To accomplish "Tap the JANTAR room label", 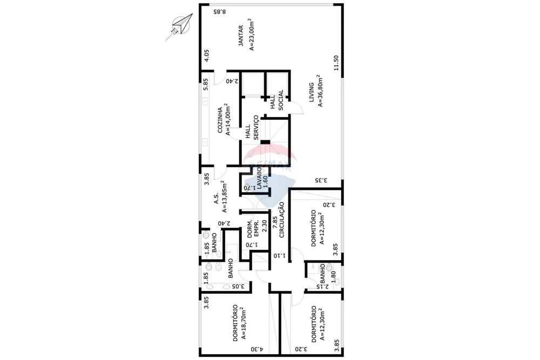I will tap(241, 34).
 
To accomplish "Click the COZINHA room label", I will tap(220, 119).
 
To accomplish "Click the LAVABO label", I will tap(259, 178).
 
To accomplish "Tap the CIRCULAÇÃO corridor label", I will tap(281, 220).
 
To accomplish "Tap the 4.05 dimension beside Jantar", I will tap(206, 55).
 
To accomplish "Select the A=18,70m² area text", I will tap(244, 324).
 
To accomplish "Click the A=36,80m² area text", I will tap(320, 92).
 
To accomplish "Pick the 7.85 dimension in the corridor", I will tap(274, 222).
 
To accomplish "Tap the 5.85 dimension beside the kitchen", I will tap(206, 84).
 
